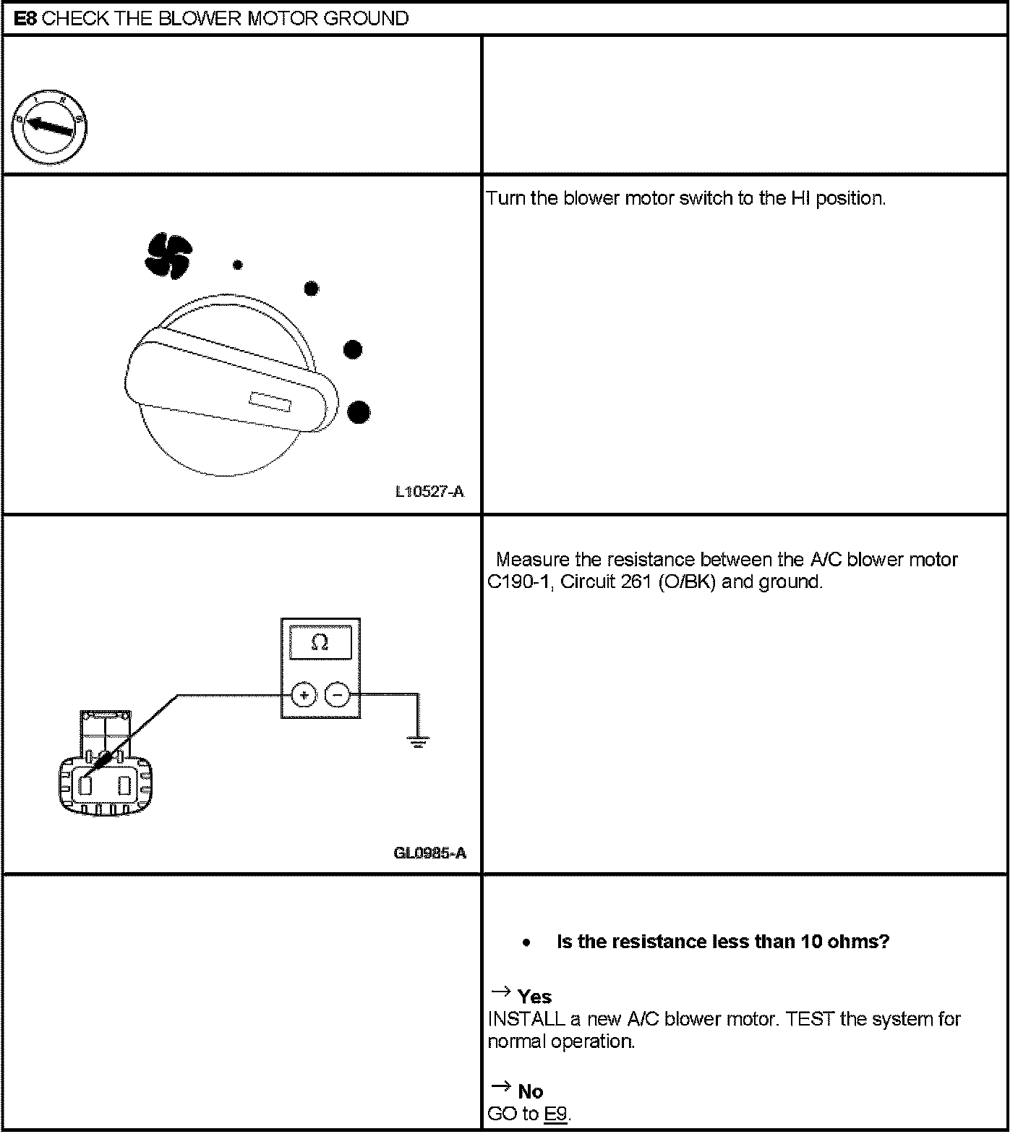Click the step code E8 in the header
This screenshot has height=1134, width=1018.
coord(26,18)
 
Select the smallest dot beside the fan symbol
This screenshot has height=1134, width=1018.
coord(237,265)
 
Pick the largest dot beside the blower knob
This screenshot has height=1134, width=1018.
coord(359,413)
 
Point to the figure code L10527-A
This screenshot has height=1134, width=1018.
coord(429,493)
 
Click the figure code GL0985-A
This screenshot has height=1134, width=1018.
coord(429,853)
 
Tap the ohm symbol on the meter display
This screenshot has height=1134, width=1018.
coord(320,642)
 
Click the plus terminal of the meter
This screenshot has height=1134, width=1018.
coord(304,696)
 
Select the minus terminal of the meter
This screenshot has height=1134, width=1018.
coord(338,696)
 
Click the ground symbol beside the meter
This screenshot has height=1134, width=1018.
coord(418,741)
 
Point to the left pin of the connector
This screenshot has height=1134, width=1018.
coord(85,785)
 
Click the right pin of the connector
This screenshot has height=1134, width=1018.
coord(124,785)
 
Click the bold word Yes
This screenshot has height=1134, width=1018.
coord(534,997)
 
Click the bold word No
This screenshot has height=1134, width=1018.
coord(531,1091)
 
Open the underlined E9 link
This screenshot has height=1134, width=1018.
coord(555,1114)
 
